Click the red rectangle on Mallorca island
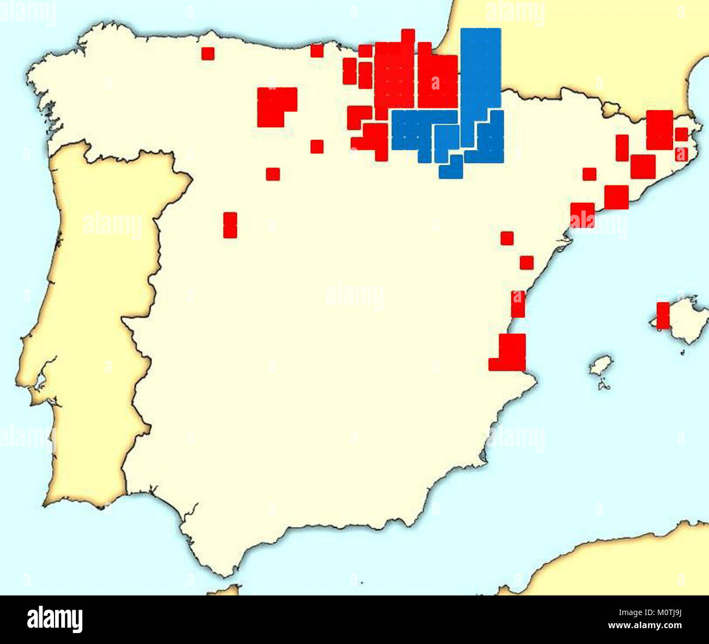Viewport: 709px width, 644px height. point(663,315)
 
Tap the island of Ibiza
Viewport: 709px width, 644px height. point(600,365)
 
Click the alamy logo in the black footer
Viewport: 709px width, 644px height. point(55,619)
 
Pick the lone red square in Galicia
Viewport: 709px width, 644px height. point(208,53)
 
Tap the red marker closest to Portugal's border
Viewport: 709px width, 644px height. point(230,225)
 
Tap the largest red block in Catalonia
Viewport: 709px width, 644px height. point(659,130)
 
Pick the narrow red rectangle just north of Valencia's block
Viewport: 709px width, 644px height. point(518,304)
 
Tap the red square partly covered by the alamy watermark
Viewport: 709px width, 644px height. point(582,215)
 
